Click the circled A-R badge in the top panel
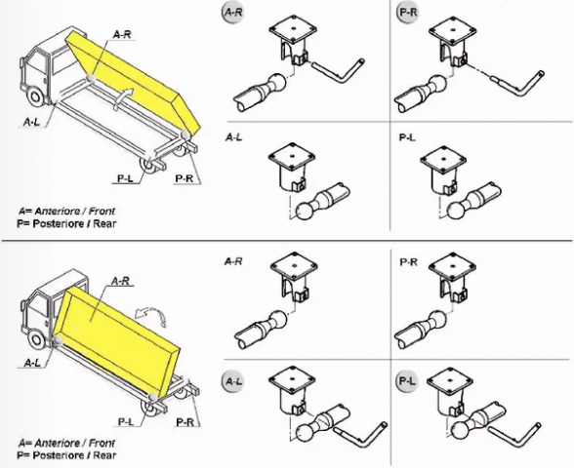(x=232, y=13)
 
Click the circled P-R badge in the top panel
(x=407, y=13)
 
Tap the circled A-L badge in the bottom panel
(x=232, y=381)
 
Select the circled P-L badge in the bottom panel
(x=407, y=381)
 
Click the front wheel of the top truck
(x=36, y=97)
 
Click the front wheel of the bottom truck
(x=37, y=339)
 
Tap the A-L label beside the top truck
(x=31, y=122)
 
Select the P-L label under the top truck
(x=126, y=178)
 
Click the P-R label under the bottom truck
(x=184, y=422)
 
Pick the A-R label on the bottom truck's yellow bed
(x=120, y=281)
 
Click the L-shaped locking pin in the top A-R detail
(x=339, y=70)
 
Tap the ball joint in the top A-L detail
(x=305, y=212)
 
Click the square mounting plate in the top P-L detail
(x=443, y=160)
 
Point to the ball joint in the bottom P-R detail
(x=437, y=320)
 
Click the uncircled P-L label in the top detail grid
(x=407, y=137)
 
